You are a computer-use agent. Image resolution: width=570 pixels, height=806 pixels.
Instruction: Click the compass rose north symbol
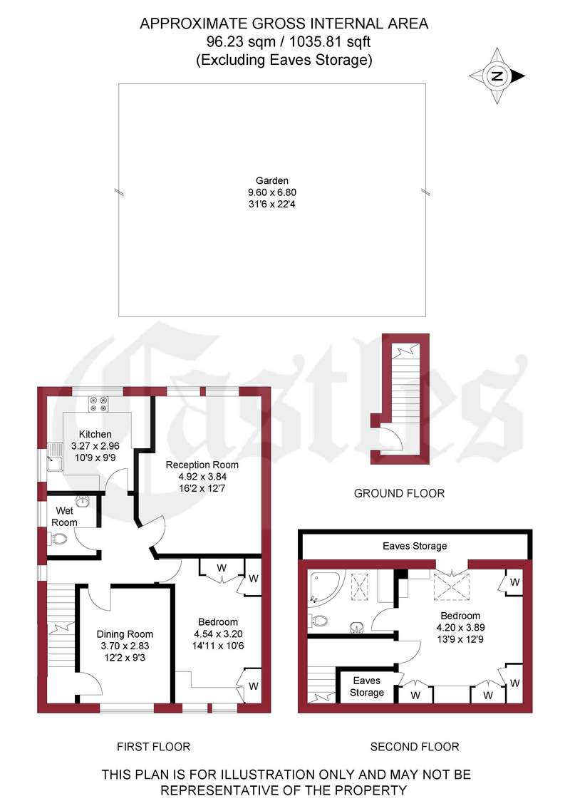[497, 76]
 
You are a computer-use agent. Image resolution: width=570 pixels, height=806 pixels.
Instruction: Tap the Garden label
[272, 180]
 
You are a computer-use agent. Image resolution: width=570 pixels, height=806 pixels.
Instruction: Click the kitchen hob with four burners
[98, 403]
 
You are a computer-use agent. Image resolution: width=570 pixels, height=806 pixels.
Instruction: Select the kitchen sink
[54, 458]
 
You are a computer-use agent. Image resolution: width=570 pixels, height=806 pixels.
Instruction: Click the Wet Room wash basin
[83, 501]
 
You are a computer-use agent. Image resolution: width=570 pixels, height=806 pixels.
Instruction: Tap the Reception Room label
[202, 465]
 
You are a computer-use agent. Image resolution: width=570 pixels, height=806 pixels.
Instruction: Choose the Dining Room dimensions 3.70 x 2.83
[125, 646]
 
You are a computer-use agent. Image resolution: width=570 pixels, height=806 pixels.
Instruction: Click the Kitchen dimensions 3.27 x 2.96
[95, 445]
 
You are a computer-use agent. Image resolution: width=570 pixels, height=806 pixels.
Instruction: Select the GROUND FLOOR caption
[400, 493]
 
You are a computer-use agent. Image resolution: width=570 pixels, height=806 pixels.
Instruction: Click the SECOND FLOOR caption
[415, 746]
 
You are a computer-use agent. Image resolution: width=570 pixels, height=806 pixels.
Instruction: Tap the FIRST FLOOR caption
[153, 746]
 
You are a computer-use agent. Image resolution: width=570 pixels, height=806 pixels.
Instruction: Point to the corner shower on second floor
[323, 586]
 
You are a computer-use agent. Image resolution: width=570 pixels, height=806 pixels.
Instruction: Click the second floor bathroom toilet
[318, 621]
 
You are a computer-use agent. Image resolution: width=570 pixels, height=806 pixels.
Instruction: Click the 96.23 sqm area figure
[241, 41]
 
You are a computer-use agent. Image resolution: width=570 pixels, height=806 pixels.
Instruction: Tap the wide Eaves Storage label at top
[415, 546]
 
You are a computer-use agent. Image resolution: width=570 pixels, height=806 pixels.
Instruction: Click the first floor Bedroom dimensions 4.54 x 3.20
[218, 634]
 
